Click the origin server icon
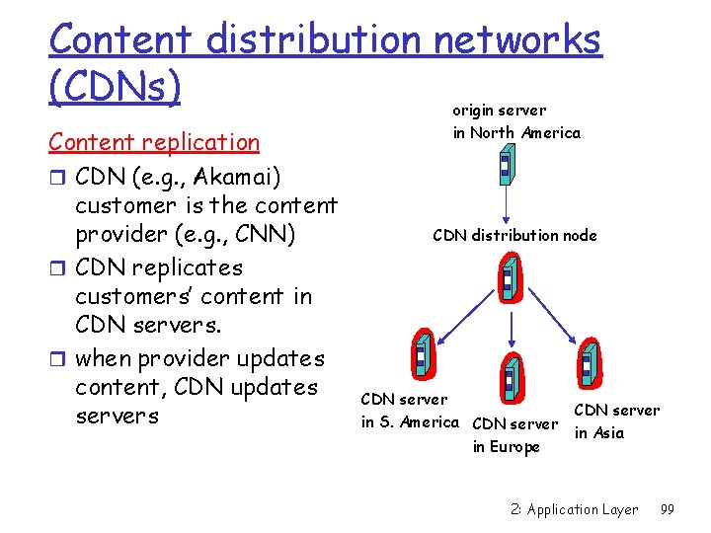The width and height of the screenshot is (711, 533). pyautogui.click(x=506, y=165)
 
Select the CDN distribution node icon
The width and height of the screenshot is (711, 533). pyautogui.click(x=511, y=277)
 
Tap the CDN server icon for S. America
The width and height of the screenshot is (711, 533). pyautogui.click(x=422, y=353)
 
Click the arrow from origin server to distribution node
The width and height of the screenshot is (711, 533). pyautogui.click(x=506, y=205)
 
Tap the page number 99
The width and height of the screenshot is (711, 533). pyautogui.click(x=667, y=509)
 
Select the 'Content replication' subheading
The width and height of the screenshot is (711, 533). pyautogui.click(x=154, y=142)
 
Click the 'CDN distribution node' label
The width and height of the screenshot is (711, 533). pyautogui.click(x=514, y=235)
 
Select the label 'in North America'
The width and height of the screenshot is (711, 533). pyautogui.click(x=516, y=132)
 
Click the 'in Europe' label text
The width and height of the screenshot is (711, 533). pyautogui.click(x=507, y=447)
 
